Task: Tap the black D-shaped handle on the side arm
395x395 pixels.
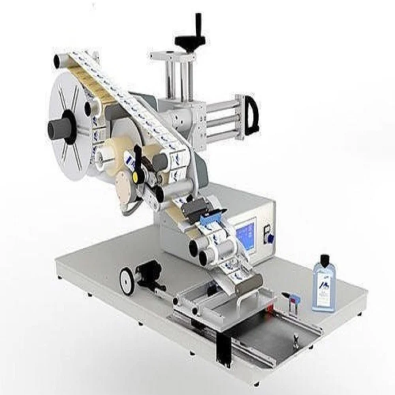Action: tap(251, 115)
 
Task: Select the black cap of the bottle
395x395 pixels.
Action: tap(324, 260)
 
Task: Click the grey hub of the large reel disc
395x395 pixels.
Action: tap(61, 127)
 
